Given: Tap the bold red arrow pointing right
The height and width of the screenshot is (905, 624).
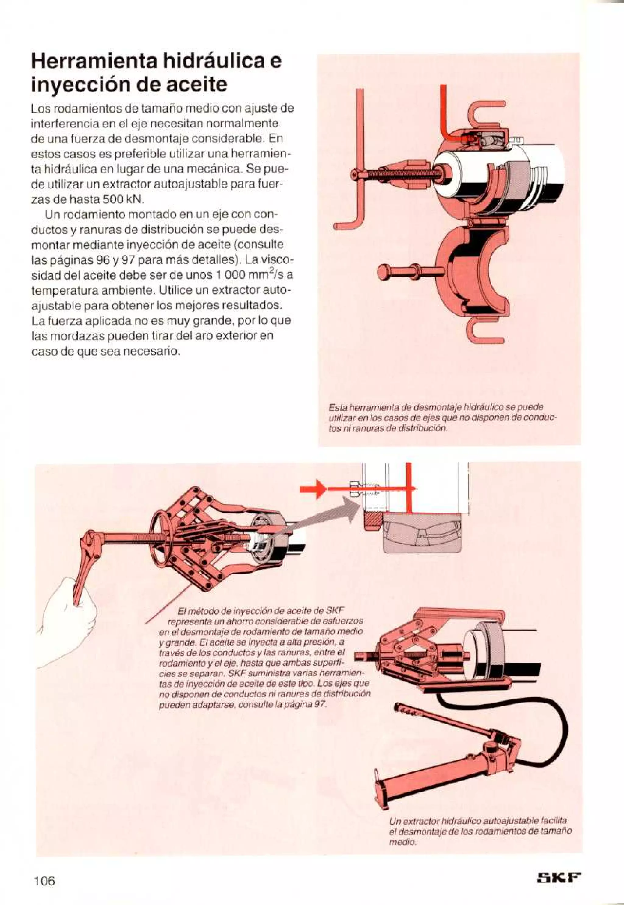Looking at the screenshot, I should (x=313, y=489).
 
